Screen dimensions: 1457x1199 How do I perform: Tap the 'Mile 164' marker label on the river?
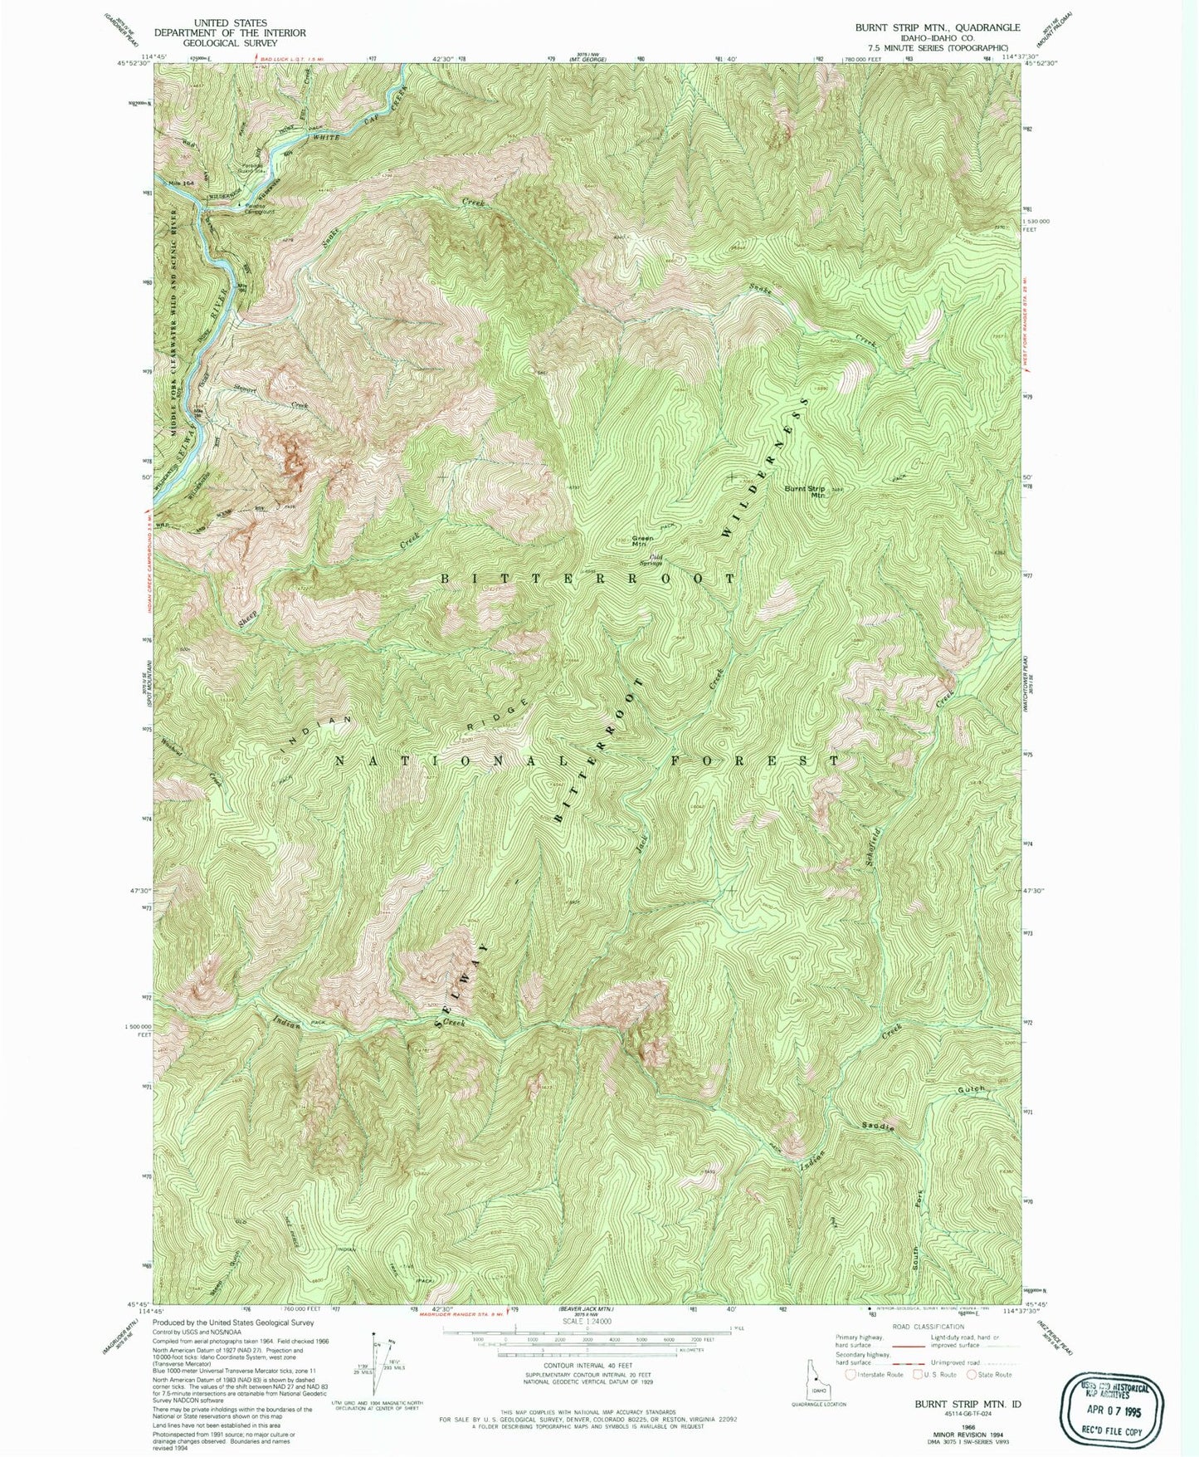tap(181, 183)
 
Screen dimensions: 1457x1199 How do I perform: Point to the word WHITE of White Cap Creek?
tap(329, 134)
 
